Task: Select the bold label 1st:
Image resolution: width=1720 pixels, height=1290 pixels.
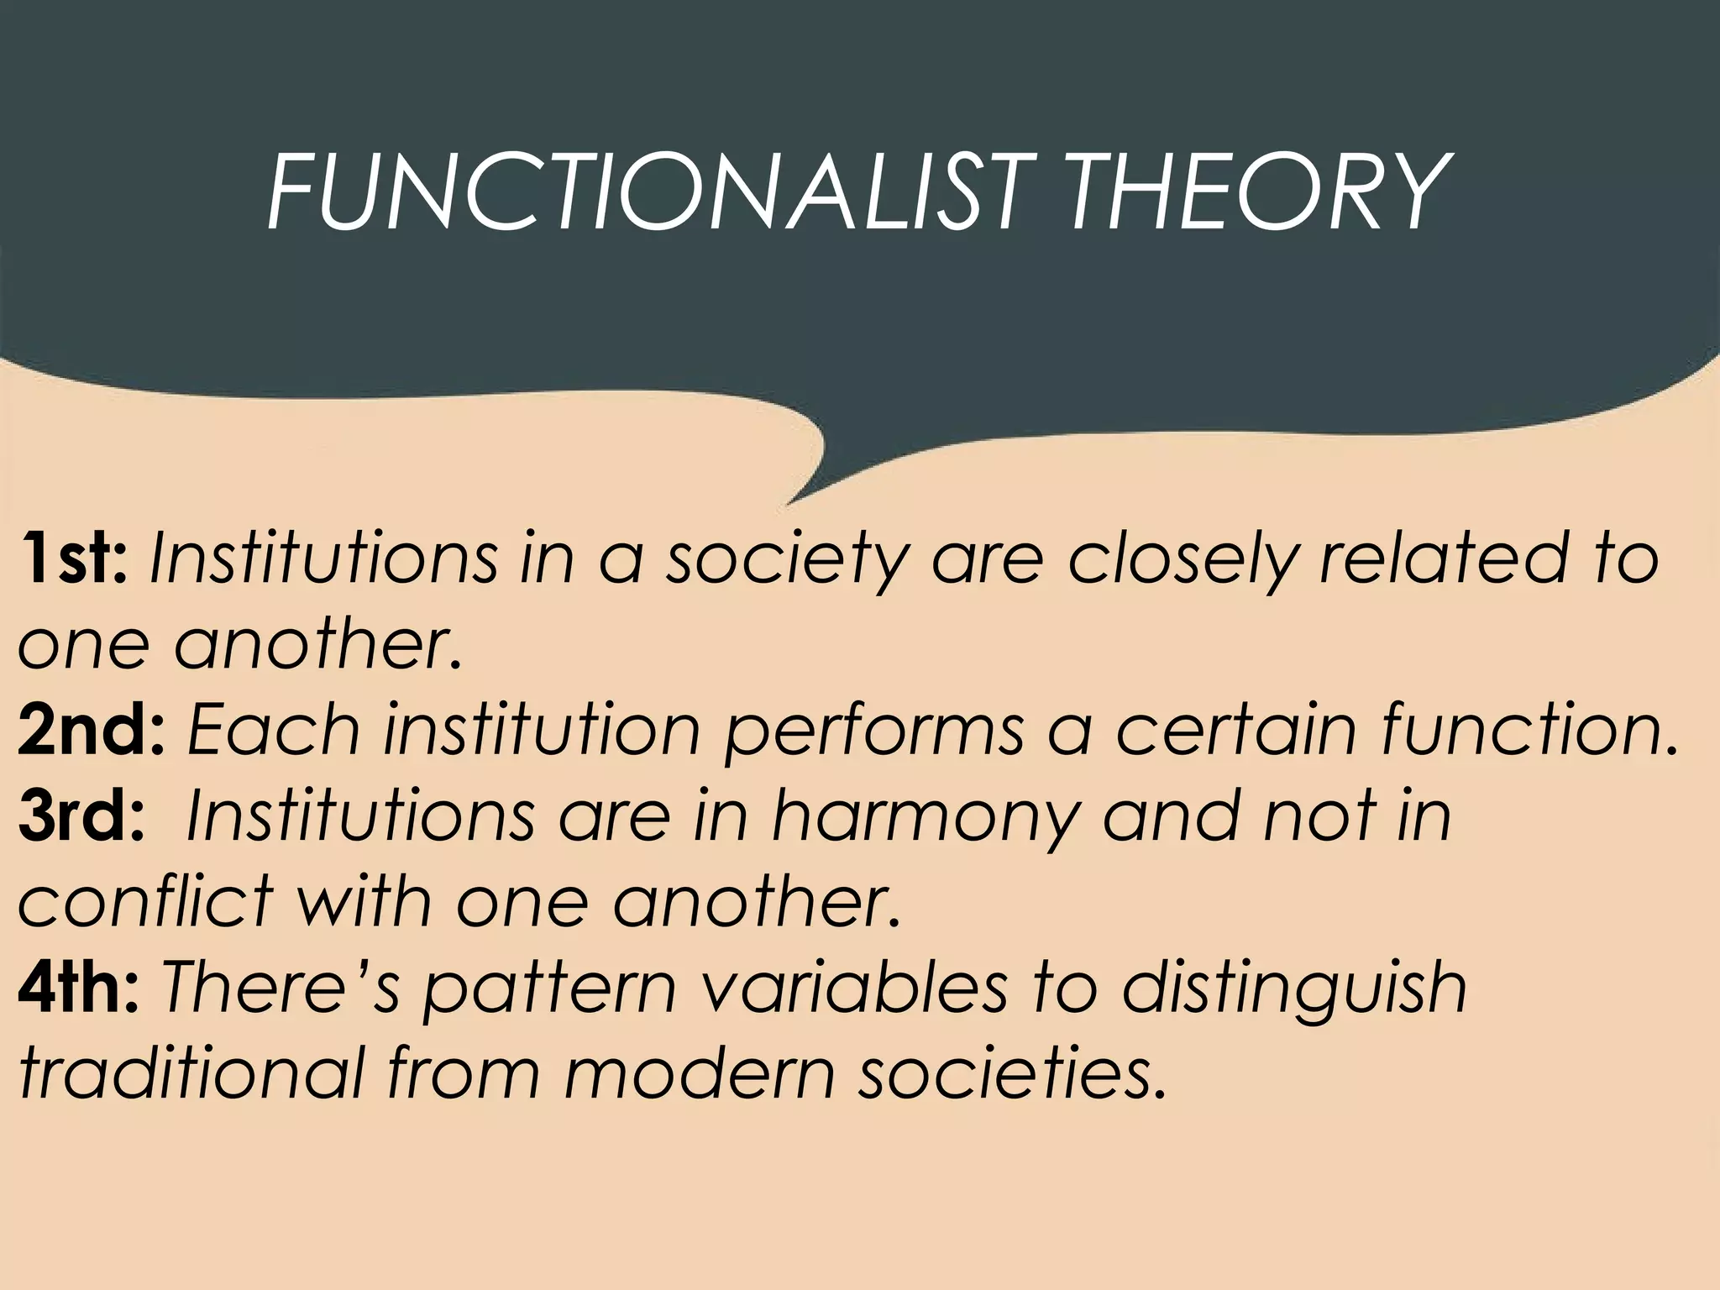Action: tap(74, 557)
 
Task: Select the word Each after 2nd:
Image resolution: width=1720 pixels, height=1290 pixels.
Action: tap(274, 728)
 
